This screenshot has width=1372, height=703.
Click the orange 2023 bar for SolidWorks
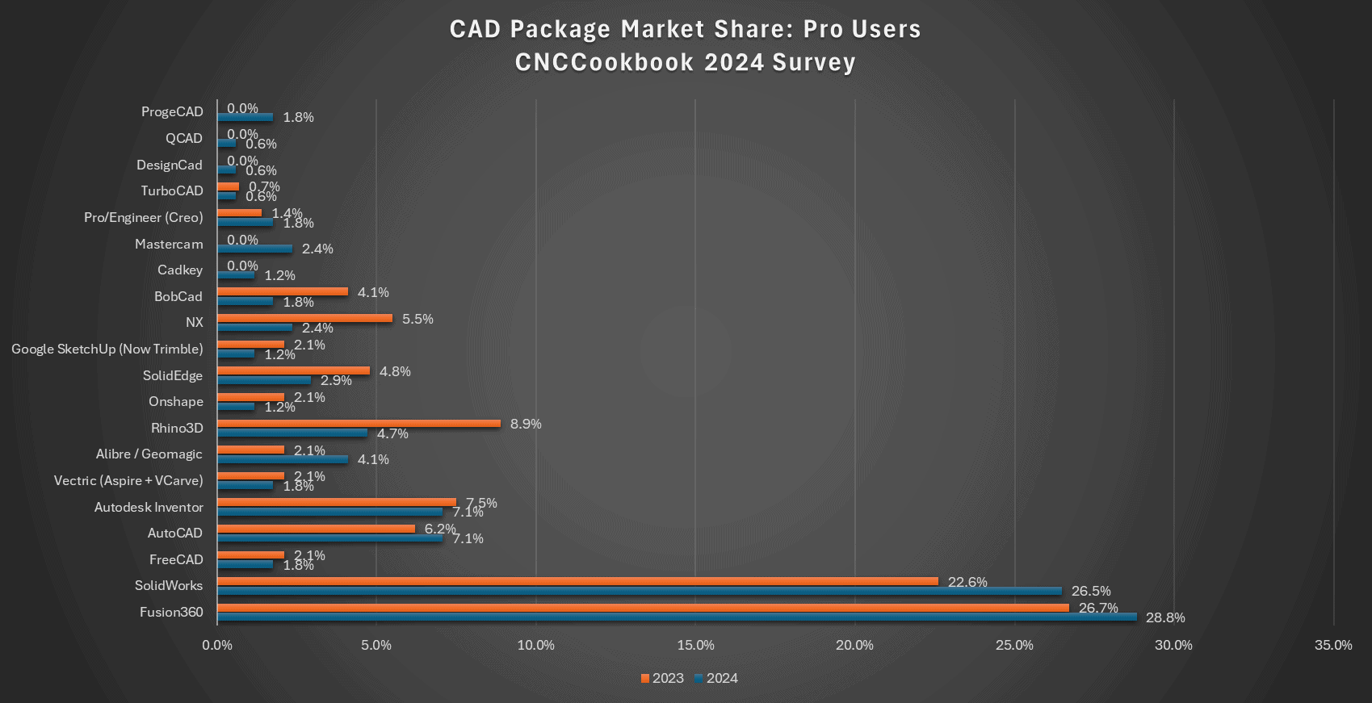click(577, 581)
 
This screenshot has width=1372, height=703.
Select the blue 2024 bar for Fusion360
click(677, 617)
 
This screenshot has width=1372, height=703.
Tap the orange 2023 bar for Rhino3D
click(359, 424)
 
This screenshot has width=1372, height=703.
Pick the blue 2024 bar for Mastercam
click(254, 249)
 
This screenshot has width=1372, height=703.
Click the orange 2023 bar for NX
click(304, 318)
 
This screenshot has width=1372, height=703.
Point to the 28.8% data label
click(1165, 618)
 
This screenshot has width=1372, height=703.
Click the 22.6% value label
click(967, 582)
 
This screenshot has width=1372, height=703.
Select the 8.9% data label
click(526, 425)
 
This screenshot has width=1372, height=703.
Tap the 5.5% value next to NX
click(417, 319)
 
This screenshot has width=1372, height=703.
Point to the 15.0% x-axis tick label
click(695, 645)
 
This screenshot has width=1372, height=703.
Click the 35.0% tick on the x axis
click(1333, 645)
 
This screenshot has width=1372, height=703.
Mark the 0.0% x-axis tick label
click(216, 645)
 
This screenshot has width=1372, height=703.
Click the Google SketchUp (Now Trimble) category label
click(107, 349)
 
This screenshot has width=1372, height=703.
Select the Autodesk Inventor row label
click(149, 507)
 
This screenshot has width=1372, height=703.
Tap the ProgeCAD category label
click(172, 111)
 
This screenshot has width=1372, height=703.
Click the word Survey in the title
click(814, 62)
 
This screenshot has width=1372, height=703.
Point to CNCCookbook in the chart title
click(604, 62)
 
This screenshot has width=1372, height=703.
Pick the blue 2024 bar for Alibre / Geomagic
click(283, 459)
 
